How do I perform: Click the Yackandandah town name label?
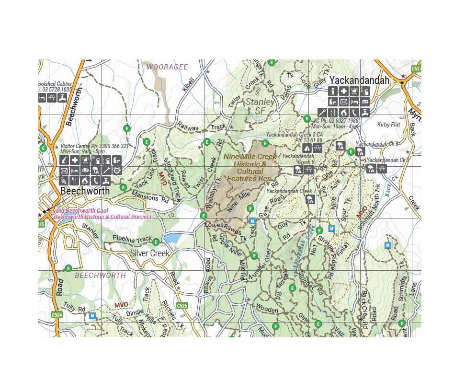(359, 80)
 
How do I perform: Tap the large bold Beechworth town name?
(85, 191)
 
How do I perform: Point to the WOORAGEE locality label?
(167, 67)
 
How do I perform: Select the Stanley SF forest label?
(260, 106)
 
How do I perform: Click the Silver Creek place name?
(150, 253)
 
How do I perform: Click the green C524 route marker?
(57, 315)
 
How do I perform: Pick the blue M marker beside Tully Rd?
(92, 316)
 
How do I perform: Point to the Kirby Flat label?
(388, 125)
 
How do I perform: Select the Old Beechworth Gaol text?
(81, 211)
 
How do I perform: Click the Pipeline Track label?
(132, 239)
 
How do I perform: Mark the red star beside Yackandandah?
(404, 76)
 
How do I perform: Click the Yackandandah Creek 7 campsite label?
(291, 191)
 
